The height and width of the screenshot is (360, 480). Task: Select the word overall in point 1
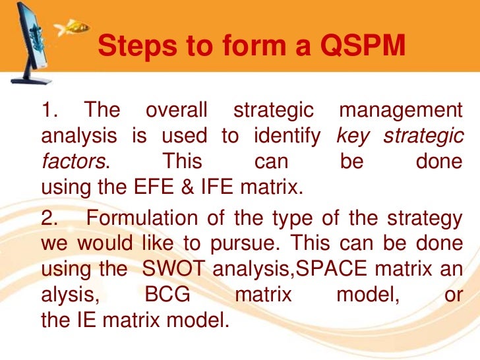pos(176,110)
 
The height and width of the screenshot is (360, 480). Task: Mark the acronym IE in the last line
pos(87,321)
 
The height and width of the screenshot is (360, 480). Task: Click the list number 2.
pos(47,219)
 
